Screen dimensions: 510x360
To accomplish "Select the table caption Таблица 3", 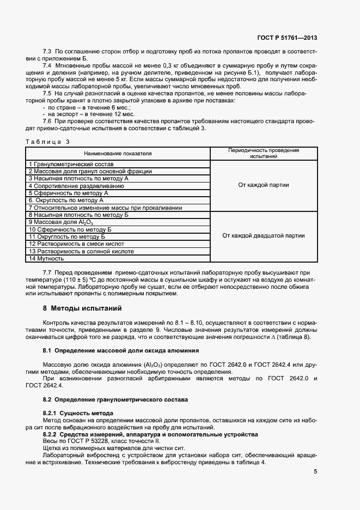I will [x=48, y=142].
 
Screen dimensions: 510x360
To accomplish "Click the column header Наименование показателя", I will [x=118, y=154].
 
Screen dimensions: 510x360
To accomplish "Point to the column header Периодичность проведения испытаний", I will [x=264, y=153].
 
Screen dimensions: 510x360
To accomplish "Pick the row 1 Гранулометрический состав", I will [x=71, y=164].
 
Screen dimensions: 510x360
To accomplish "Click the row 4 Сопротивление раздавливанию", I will [x=76, y=186].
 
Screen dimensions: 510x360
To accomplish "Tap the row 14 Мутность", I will [x=47, y=258].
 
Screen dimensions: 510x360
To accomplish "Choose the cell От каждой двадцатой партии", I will [x=264, y=236].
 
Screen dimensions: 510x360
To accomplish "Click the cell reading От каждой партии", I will [x=264, y=185].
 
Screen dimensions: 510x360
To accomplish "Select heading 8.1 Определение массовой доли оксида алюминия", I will [x=121, y=349].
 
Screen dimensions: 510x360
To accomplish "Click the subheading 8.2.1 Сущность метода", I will [x=78, y=413].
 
